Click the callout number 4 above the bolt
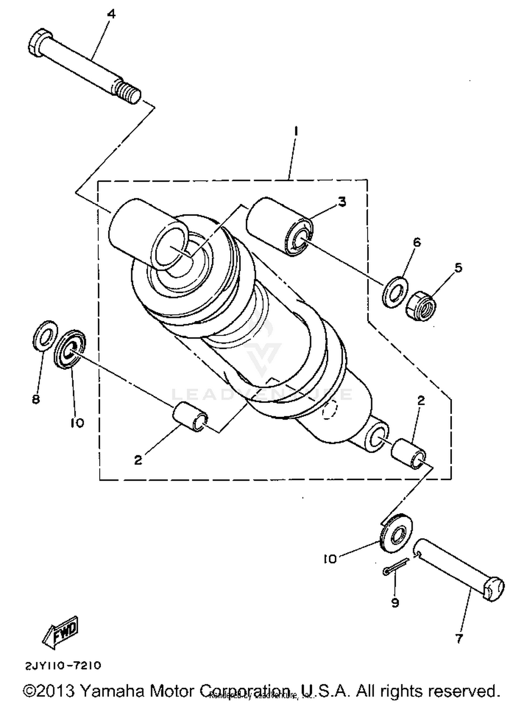(x=111, y=14)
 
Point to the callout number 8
(x=36, y=399)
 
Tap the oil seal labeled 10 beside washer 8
(x=70, y=349)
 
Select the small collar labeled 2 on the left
(x=190, y=417)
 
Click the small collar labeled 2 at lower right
(x=408, y=454)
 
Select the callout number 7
(x=459, y=639)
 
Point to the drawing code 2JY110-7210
(x=63, y=665)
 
